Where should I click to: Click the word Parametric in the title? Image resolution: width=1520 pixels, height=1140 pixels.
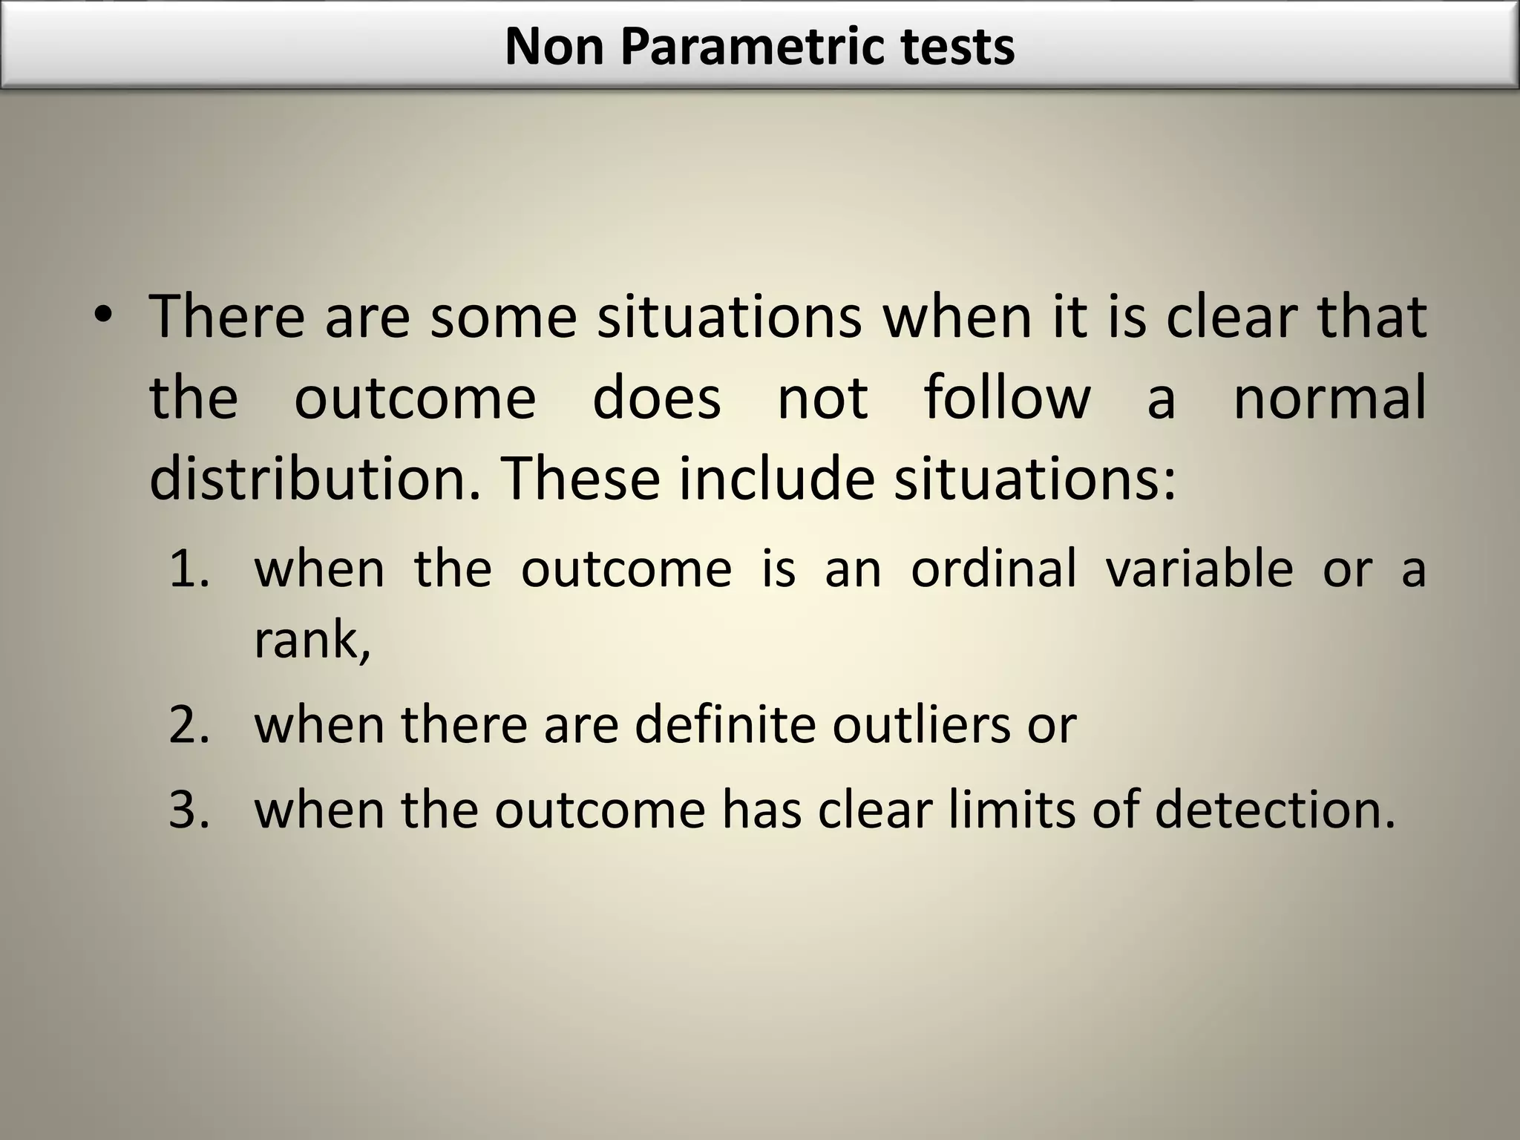coord(750,47)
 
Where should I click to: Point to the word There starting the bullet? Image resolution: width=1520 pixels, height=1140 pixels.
coord(227,318)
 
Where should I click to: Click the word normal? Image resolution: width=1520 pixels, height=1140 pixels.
coord(1329,398)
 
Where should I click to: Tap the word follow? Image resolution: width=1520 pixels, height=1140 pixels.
coord(1007,398)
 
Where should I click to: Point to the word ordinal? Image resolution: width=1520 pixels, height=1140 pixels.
coord(993,569)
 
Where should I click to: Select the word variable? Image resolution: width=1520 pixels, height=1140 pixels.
coord(1199,569)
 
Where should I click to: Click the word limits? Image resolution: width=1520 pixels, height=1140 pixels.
coord(1011,810)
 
